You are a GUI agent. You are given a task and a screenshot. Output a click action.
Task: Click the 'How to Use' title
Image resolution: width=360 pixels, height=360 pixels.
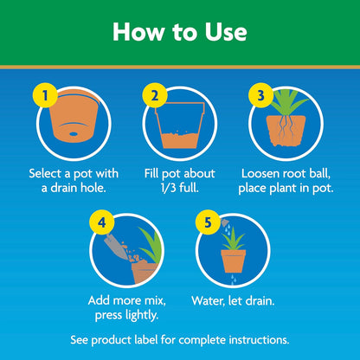tap(180, 32)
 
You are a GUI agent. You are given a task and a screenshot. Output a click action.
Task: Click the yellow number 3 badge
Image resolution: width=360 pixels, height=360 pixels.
tap(259, 96)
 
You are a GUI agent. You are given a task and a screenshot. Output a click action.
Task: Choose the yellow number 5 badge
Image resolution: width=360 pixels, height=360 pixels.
tap(206, 222)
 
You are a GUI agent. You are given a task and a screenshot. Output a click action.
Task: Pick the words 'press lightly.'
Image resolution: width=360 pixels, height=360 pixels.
tap(127, 316)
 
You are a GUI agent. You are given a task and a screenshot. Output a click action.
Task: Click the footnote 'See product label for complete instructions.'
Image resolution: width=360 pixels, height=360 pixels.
tap(180, 337)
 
